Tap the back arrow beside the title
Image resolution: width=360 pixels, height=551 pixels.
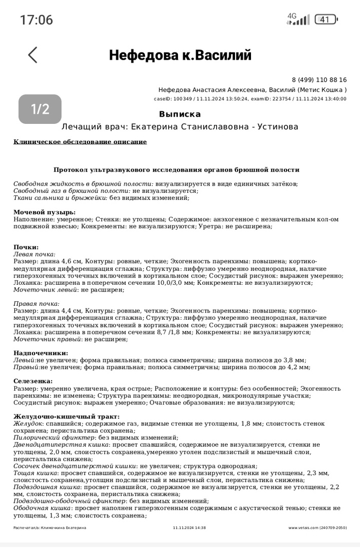[x=33, y=55]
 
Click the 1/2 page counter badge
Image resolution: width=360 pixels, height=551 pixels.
[x=40, y=109]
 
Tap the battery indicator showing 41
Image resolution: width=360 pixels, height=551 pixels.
[x=326, y=20]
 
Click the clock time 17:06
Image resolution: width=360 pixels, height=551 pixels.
[x=36, y=20]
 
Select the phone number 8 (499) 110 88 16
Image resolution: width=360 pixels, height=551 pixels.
[x=319, y=80]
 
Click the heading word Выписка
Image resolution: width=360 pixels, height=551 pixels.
[x=180, y=114]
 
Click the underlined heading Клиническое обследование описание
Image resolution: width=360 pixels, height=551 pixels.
[x=80, y=142]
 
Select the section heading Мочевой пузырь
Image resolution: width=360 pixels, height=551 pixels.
[x=44, y=212]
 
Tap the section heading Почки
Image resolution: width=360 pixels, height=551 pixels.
[x=26, y=247]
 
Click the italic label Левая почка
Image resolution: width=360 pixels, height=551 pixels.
[x=34, y=254]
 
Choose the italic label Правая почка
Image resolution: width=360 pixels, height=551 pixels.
[x=35, y=304]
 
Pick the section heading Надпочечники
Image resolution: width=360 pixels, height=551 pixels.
[x=41, y=353]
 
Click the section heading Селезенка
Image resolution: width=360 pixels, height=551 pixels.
[x=33, y=381]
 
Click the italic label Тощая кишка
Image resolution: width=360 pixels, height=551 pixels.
[x=35, y=472]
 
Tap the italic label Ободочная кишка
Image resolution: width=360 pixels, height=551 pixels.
[x=42, y=508]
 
